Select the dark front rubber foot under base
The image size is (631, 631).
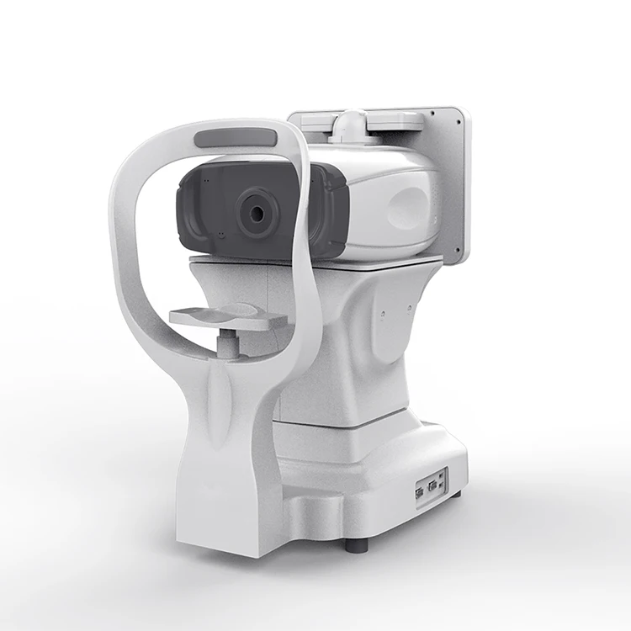tap(357, 544)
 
